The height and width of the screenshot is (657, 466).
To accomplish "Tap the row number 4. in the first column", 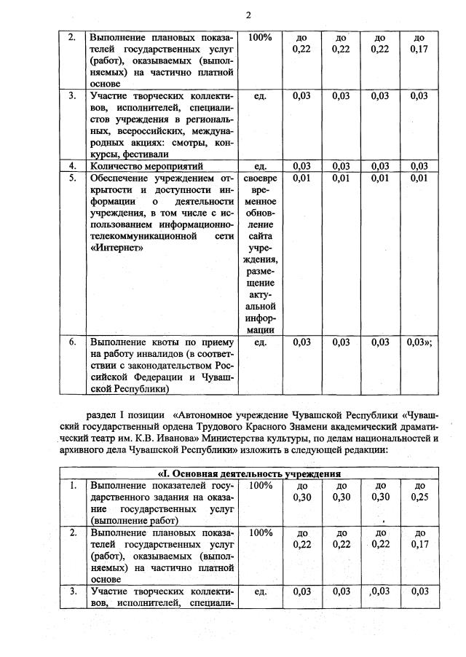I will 72,166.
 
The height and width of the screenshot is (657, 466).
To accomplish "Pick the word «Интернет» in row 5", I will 112,248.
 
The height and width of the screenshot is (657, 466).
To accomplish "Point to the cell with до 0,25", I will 419,491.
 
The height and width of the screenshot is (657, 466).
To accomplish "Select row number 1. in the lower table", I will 72,485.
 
